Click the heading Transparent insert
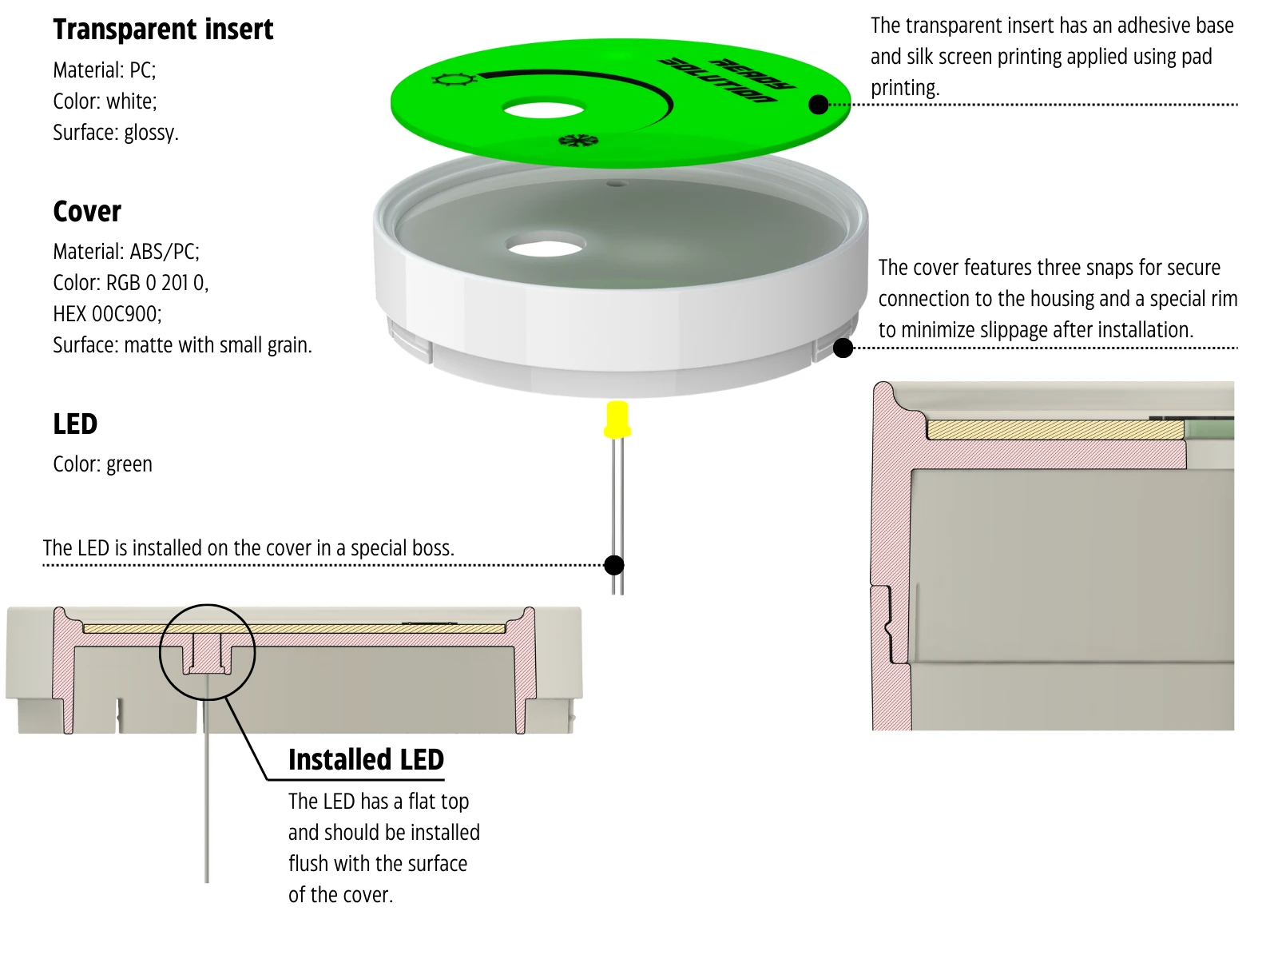point(163,30)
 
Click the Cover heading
point(87,212)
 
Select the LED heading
point(75,424)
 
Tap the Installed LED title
point(366,760)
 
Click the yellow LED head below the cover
point(617,419)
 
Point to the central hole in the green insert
point(543,108)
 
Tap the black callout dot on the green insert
point(819,105)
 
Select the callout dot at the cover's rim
point(843,348)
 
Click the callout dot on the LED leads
point(614,566)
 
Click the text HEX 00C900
point(107,314)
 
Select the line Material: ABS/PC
point(126,252)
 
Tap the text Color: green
point(102,464)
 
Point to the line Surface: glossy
point(116,133)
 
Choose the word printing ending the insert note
point(904,88)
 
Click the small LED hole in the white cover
point(616,184)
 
